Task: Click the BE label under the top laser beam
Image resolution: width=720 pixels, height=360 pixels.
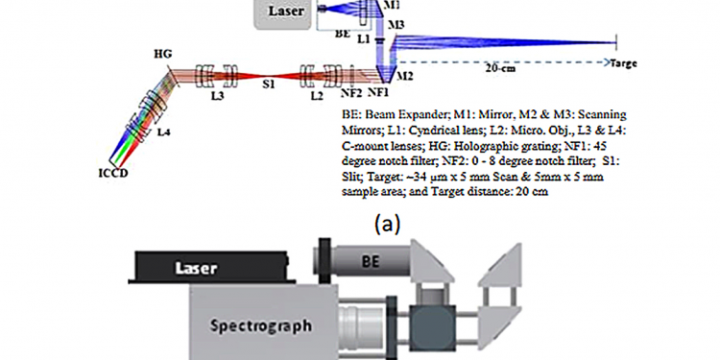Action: (343, 32)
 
